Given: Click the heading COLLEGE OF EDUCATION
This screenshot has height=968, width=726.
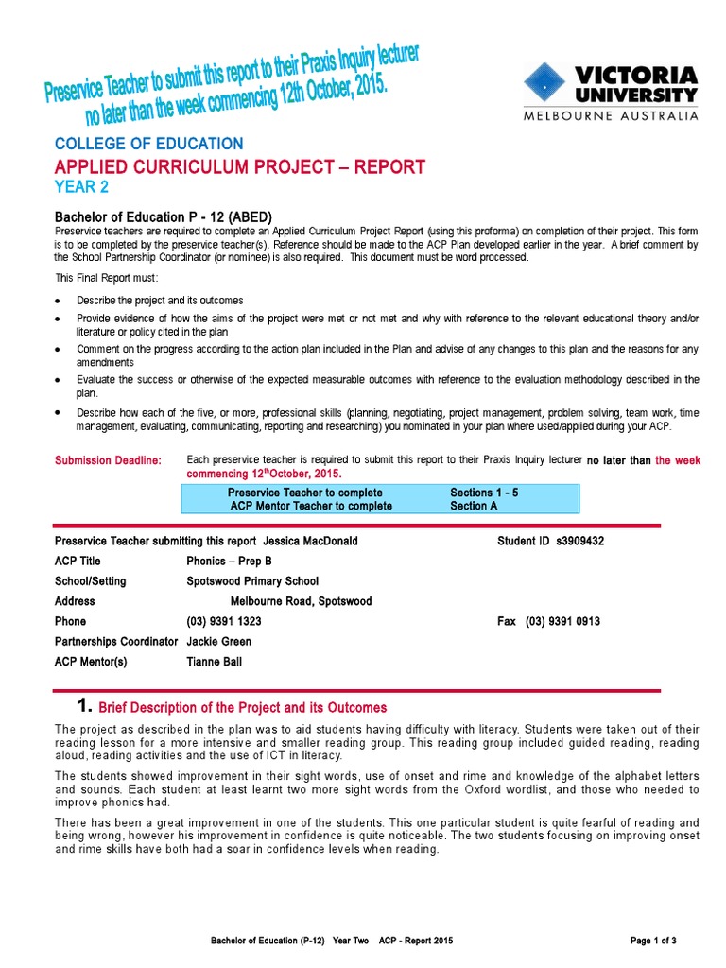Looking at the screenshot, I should point(148,144).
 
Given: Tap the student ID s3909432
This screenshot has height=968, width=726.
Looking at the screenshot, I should point(577,542).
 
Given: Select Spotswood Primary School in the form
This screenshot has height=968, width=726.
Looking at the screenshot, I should point(252,581).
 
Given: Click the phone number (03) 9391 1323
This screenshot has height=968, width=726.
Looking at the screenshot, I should point(224,621).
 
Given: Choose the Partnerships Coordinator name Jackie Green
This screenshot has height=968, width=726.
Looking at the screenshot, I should point(219,641).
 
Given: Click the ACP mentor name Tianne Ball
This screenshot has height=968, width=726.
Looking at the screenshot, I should point(215,662).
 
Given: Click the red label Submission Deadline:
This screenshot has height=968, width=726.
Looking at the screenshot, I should point(108,460).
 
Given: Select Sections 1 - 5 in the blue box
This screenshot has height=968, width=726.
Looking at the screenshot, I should point(484,493).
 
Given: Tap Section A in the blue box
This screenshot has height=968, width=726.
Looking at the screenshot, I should point(477,506).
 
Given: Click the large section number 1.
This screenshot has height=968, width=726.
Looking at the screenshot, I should point(83,706).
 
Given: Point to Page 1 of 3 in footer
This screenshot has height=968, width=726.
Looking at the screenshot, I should point(652,941).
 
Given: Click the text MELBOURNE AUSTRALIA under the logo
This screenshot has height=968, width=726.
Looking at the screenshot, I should point(612,116).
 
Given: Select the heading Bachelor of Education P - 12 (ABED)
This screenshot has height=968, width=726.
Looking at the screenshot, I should point(164,216).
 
